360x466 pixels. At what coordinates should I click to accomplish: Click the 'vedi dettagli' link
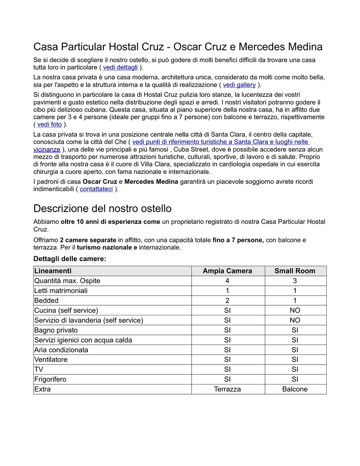[x=120, y=67]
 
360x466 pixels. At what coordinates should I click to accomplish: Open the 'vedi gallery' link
[x=239, y=85]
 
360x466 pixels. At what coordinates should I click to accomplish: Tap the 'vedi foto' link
[x=49, y=124]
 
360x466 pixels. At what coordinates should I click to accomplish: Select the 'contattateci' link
[x=96, y=189]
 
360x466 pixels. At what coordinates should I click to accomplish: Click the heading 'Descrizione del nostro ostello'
[x=102, y=209]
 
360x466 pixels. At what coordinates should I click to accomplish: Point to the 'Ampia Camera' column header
[x=227, y=271]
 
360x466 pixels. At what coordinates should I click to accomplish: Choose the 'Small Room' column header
[x=294, y=271]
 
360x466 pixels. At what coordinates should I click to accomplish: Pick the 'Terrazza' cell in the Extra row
[x=227, y=389]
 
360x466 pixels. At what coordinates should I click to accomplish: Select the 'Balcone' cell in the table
[x=294, y=389]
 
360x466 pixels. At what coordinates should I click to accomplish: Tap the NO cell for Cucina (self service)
[x=294, y=310]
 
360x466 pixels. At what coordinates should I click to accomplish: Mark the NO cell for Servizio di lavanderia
[x=294, y=320]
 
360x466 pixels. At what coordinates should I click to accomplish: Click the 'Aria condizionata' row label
[x=61, y=350]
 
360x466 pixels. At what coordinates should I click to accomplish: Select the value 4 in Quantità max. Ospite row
[x=227, y=281]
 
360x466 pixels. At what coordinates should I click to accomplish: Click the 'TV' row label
[x=39, y=370]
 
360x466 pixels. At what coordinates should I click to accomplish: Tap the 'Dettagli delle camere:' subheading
[x=70, y=258]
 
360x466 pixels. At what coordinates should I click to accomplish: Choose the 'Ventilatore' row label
[x=51, y=360]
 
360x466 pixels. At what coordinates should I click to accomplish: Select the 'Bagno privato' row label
[x=56, y=330]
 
